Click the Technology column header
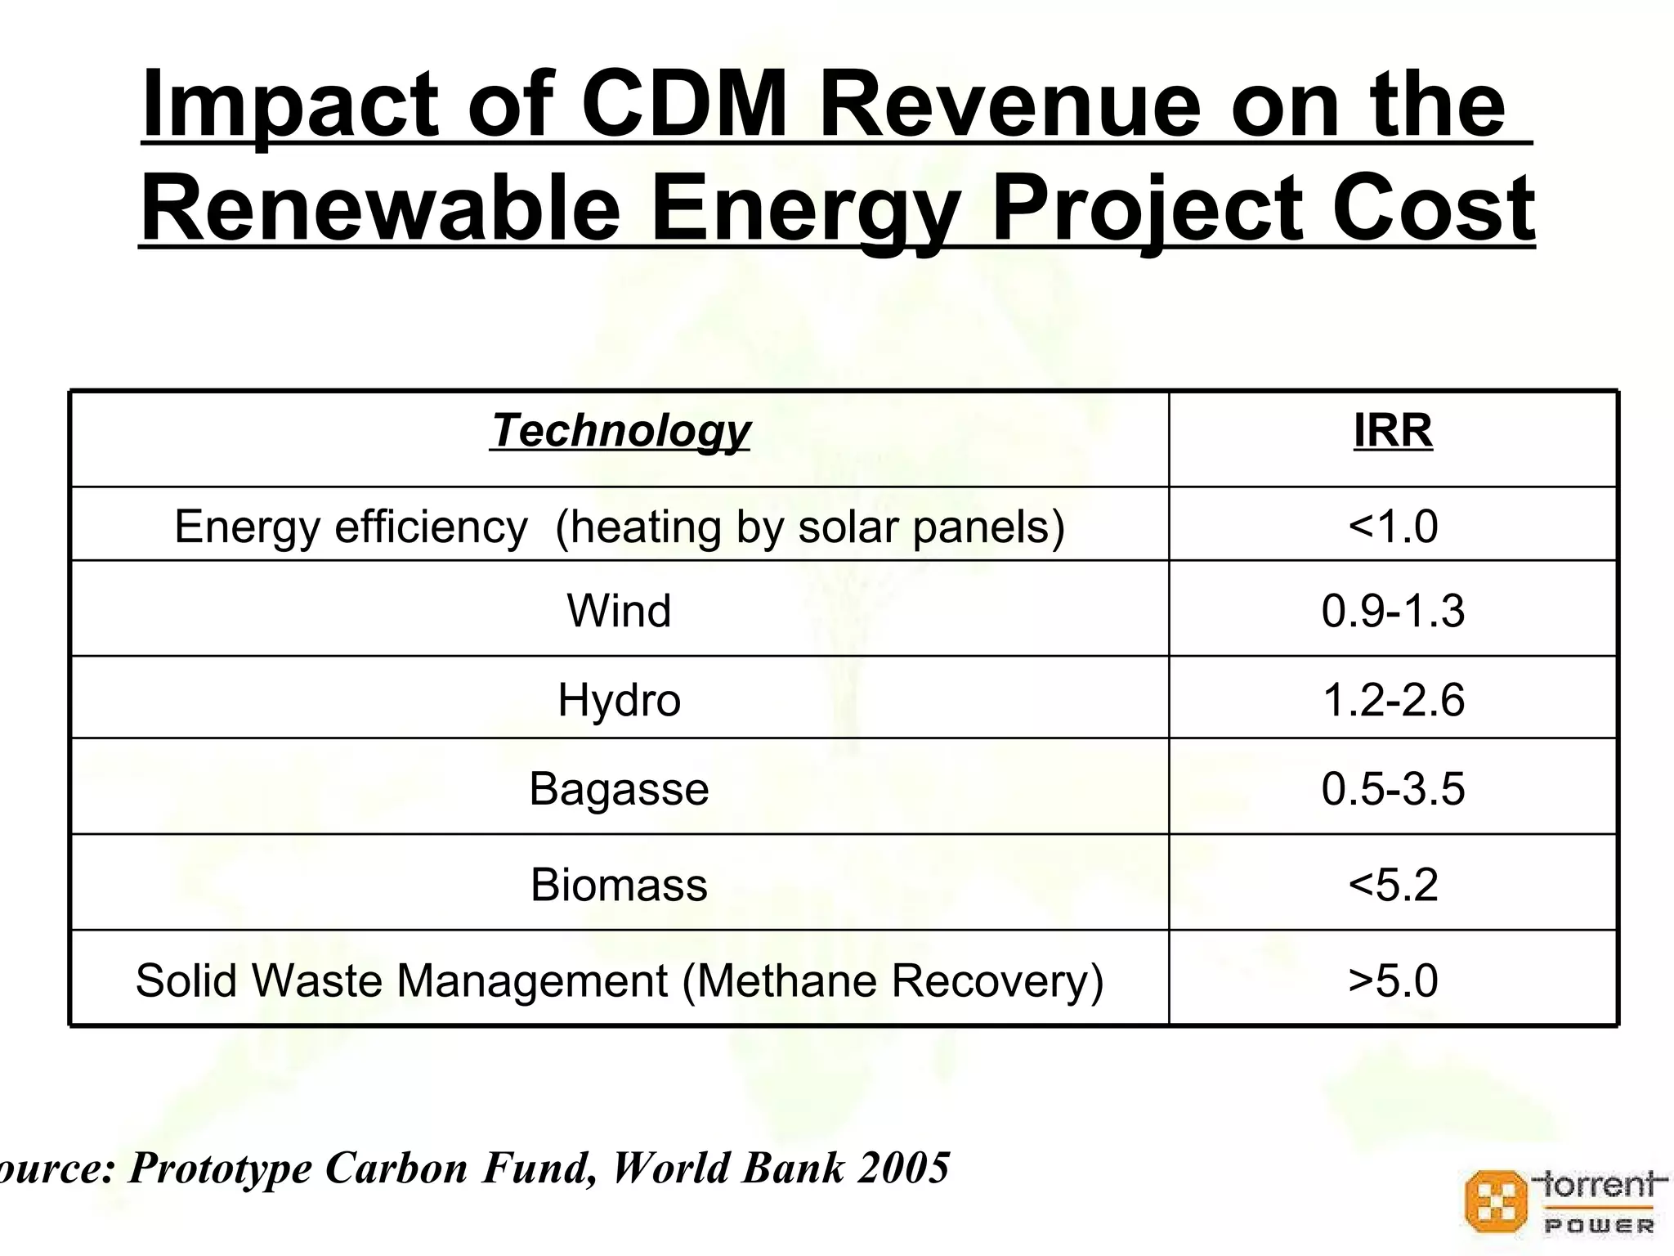pos(620,431)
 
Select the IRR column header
pos(1393,431)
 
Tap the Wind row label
pos(619,611)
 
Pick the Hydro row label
pos(619,700)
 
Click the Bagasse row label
pos(619,789)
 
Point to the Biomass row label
pos(619,885)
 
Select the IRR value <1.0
pos(1393,526)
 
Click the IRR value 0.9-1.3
pos(1393,611)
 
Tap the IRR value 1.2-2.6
pos(1393,700)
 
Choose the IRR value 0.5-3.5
pos(1393,789)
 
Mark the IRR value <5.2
pos(1393,885)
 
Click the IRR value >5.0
pos(1393,980)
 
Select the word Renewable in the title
pos(380,209)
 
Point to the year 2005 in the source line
pos(904,1167)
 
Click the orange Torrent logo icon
pos(1495,1201)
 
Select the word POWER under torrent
pos(1599,1226)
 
